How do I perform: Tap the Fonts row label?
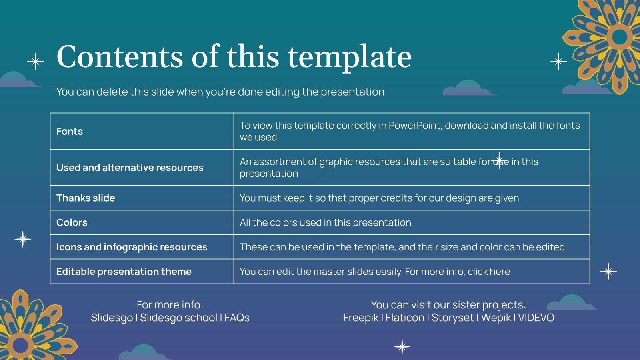coord(70,132)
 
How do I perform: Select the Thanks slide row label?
coord(86,198)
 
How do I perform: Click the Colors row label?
coord(72,223)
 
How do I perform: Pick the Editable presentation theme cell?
coord(124,272)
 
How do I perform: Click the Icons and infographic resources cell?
coord(132,247)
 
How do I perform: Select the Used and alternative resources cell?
coord(130,168)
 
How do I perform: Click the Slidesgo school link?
coord(178,318)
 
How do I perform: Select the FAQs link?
coord(237,318)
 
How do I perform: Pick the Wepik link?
coord(496,318)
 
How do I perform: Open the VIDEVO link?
coord(536,318)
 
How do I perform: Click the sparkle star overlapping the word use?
coord(499,160)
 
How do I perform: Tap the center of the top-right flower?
coord(620,37)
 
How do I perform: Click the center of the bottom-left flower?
coord(20,345)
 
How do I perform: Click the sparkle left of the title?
coord(36,62)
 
